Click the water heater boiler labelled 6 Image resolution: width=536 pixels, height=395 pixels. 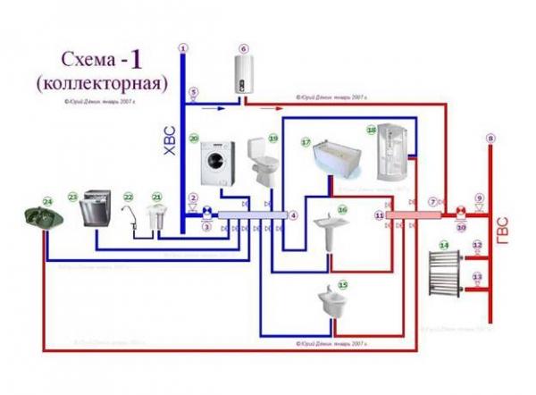tap(243, 73)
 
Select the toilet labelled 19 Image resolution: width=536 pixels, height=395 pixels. tap(258, 163)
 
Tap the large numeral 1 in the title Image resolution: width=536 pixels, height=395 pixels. tap(137, 60)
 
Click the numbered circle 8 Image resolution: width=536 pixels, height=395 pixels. tap(490, 139)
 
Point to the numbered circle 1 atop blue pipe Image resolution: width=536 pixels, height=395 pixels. tap(183, 47)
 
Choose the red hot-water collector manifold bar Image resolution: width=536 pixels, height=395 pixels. tap(415, 215)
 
